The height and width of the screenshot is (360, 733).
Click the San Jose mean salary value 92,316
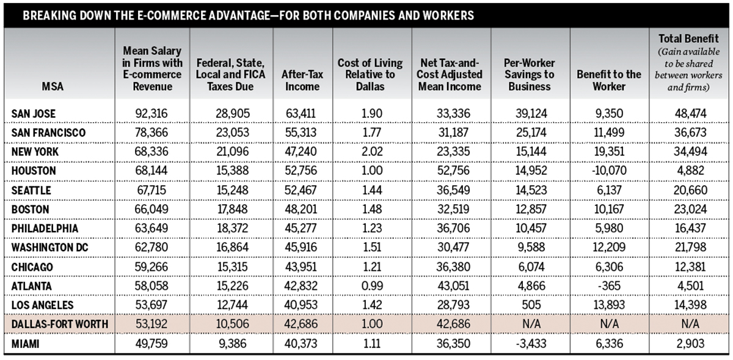click(x=151, y=114)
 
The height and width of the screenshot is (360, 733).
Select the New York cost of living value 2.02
click(x=372, y=152)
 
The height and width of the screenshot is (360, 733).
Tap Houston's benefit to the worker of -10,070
click(x=609, y=171)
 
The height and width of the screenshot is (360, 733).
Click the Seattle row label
click(x=31, y=190)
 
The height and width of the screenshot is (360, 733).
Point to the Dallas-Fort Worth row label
click(x=60, y=324)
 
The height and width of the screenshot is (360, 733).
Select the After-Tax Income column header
click(x=302, y=80)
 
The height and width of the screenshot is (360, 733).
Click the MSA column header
click(x=53, y=86)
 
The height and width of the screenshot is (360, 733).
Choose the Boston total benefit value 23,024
click(x=690, y=209)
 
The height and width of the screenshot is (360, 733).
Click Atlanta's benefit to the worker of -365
click(x=609, y=286)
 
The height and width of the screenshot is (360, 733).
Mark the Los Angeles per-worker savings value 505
click(x=531, y=305)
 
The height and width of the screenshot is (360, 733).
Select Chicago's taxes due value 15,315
click(x=232, y=267)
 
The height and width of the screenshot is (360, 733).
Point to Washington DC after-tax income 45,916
click(x=301, y=248)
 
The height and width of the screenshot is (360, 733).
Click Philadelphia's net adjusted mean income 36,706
click(x=453, y=229)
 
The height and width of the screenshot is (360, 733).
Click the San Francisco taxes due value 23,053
click(x=232, y=133)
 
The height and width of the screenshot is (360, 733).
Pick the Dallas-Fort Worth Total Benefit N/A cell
click(x=690, y=324)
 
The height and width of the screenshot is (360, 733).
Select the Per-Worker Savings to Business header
click(x=529, y=75)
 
